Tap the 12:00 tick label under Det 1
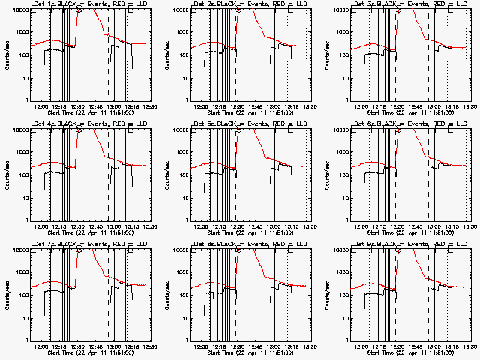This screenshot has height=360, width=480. coord(42,106)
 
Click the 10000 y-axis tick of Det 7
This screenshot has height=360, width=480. coord(19,250)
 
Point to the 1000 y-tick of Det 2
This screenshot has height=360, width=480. coord(181,32)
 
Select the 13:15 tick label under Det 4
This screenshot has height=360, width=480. coord(130,226)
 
